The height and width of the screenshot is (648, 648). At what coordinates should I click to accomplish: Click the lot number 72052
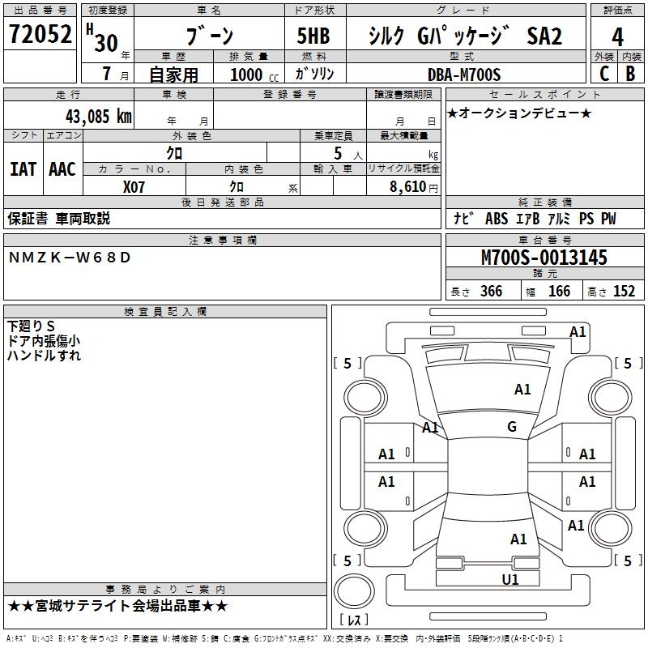tap(40, 35)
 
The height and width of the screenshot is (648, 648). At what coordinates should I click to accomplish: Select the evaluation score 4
tap(617, 36)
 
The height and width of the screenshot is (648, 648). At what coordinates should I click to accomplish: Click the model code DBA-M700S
tap(464, 75)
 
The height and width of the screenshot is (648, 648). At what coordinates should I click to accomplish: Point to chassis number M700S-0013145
tap(544, 258)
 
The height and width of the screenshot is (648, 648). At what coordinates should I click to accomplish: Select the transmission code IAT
tap(23, 168)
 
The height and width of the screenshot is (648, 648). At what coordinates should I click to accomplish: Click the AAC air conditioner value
tap(62, 168)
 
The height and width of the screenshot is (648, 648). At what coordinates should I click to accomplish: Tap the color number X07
tap(134, 186)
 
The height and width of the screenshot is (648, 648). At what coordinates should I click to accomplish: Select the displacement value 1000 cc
tap(252, 75)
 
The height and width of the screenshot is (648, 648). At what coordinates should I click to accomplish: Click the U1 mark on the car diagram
tap(510, 579)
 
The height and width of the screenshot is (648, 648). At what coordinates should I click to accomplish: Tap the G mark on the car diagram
tap(512, 427)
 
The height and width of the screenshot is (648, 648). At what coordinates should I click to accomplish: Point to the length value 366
tap(491, 292)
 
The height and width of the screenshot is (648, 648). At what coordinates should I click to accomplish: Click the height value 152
tap(624, 292)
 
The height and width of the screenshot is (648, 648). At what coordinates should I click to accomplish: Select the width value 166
tap(559, 292)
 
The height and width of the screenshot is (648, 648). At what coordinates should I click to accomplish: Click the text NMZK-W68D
tap(69, 258)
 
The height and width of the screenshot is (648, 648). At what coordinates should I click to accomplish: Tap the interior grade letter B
tap(630, 74)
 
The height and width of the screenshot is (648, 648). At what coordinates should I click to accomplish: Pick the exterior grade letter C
tap(603, 74)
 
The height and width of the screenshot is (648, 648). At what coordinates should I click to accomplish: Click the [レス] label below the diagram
tap(356, 620)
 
